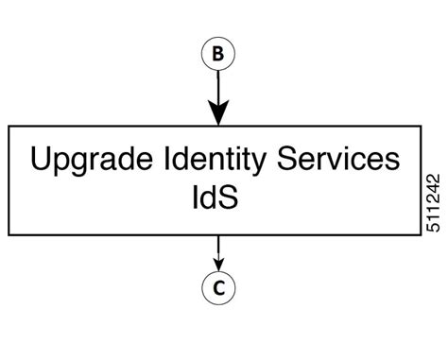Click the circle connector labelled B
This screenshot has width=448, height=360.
click(218, 55)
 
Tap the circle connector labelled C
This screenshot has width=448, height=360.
click(218, 289)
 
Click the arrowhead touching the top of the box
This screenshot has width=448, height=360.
click(218, 115)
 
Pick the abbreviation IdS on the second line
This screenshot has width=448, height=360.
click(218, 199)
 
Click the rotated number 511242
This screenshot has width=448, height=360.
click(433, 202)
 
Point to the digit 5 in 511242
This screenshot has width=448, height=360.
click(433, 228)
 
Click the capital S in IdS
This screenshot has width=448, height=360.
click(238, 198)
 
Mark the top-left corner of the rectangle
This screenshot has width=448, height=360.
click(9, 126)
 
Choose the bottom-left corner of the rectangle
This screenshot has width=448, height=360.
click(9, 234)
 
